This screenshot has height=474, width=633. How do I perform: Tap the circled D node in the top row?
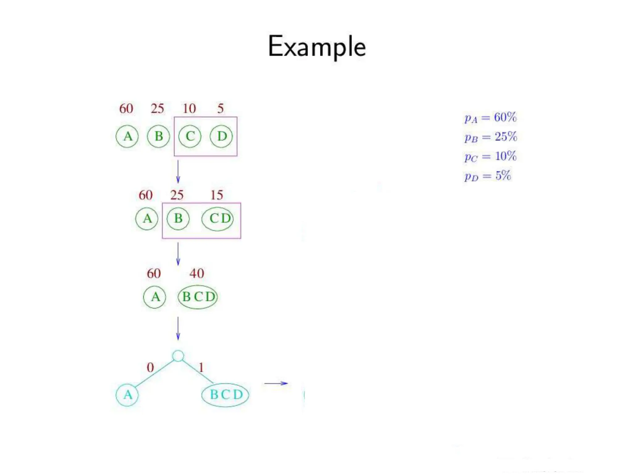point(221,136)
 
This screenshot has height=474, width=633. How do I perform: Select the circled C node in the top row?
point(190,136)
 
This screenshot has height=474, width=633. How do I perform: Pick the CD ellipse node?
point(218,219)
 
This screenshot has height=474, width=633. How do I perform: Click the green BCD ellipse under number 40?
point(198,297)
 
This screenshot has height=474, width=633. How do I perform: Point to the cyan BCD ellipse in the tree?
point(225,395)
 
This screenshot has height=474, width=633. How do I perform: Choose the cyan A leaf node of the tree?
point(127,395)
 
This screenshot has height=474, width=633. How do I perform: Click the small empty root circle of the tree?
point(178,356)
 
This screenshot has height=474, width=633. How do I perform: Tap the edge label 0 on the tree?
point(150,367)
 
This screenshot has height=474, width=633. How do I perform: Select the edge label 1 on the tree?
point(201,367)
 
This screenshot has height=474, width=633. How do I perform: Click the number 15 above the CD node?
point(217,195)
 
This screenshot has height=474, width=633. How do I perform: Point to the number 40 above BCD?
point(197,273)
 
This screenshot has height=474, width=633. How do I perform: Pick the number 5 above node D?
point(220,108)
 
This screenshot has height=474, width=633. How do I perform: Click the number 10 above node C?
point(189,108)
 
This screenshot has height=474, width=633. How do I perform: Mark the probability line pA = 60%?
point(490,118)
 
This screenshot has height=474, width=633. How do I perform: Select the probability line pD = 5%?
point(487,176)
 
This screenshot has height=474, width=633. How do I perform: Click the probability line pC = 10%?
point(490,156)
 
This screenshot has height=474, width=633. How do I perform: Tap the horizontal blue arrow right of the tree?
point(276,383)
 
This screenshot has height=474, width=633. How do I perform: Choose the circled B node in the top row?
point(159,136)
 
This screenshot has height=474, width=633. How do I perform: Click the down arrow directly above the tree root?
point(178,328)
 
